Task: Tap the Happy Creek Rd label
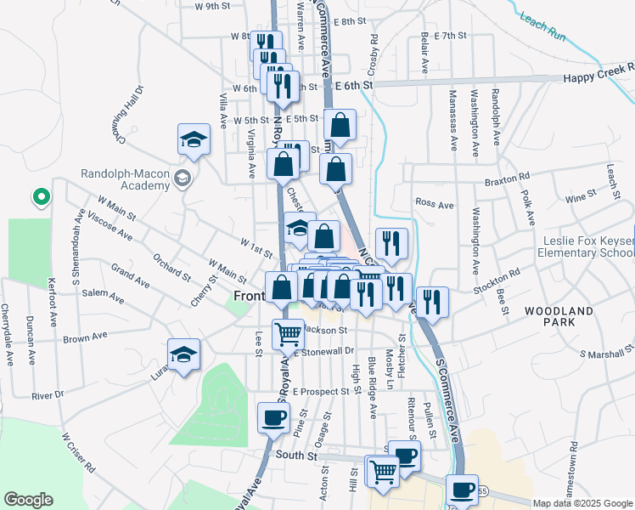coord(598,77)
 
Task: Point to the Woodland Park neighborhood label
coord(559,318)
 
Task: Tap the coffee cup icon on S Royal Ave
coord(273,418)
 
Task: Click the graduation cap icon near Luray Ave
coord(183,354)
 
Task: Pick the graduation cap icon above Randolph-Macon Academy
coord(194,139)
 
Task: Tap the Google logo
coord(27,500)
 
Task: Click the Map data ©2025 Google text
coord(582,503)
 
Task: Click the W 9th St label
coord(213,6)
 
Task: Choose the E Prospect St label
coord(322,391)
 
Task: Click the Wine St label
coord(581,197)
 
